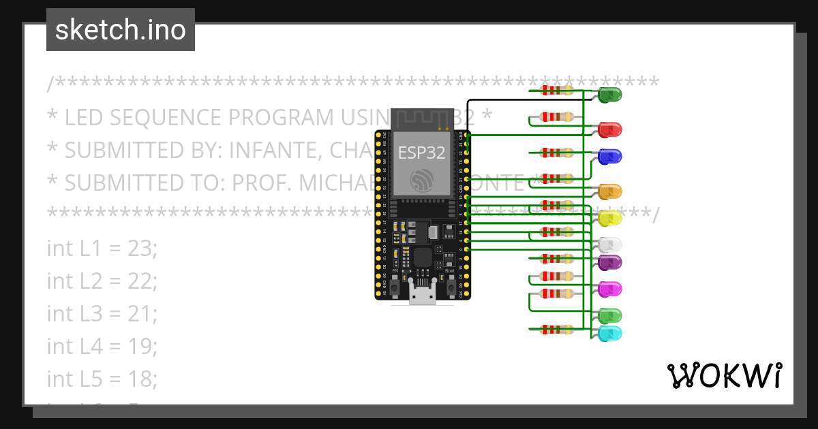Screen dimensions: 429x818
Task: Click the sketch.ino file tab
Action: [121, 30]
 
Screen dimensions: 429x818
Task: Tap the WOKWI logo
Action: [724, 375]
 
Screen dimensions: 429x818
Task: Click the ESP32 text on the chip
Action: [422, 153]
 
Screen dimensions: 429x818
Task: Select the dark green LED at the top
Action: [610, 95]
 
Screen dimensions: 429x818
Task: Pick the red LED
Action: [611, 129]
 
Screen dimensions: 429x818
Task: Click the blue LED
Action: [610, 157]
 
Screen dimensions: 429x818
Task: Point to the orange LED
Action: [609, 191]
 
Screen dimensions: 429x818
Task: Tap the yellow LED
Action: [610, 218]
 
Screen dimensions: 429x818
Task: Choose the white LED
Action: [610, 244]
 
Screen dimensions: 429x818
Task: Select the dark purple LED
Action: [610, 262]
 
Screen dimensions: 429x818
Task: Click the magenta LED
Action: [610, 289]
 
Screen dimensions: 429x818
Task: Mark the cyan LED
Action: [610, 334]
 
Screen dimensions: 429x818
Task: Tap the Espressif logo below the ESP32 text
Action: [421, 180]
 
